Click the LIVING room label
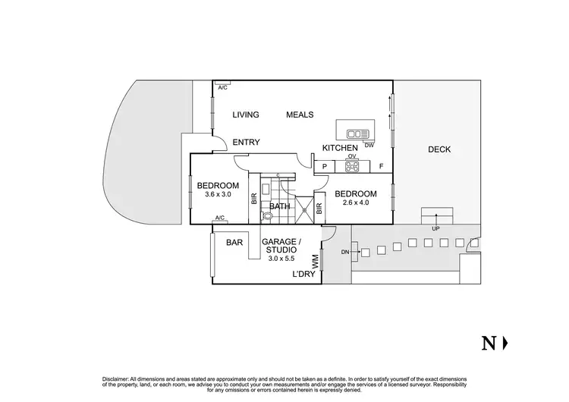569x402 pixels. click(246, 115)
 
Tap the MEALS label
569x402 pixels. click(300, 115)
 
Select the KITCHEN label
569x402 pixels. click(339, 148)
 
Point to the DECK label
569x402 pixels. click(439, 149)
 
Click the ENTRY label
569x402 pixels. click(247, 143)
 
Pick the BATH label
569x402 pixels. click(280, 206)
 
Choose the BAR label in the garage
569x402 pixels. click(234, 243)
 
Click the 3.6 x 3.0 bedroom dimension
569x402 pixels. click(218, 195)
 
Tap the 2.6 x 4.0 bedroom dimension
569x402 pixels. click(356, 203)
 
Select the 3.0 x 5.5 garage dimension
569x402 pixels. click(281, 259)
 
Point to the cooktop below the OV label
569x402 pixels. click(352, 166)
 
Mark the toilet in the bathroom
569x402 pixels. click(266, 215)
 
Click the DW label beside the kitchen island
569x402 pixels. click(369, 145)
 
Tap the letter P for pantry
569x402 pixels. click(324, 166)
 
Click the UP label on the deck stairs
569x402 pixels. click(435, 228)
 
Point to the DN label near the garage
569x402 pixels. click(344, 252)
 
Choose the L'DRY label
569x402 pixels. click(304, 275)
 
